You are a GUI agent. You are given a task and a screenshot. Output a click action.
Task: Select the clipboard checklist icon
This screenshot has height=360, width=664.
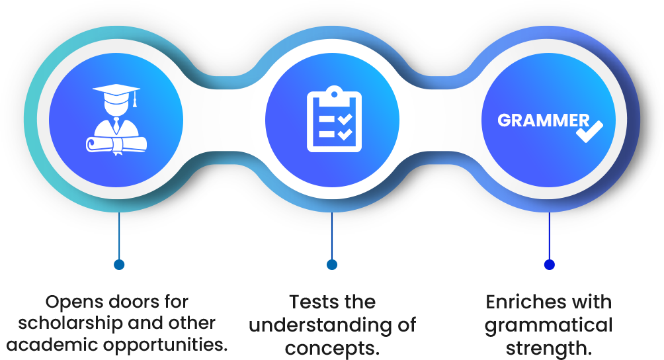[x=333, y=120]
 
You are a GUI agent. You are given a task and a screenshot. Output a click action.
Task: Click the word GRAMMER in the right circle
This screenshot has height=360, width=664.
[x=542, y=120]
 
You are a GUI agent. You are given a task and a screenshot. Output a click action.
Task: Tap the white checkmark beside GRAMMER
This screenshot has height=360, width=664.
[x=589, y=131]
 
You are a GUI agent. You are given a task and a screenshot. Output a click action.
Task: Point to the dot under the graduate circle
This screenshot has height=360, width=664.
[x=119, y=265]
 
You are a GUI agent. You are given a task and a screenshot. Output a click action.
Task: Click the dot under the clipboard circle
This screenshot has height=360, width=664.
[x=332, y=265]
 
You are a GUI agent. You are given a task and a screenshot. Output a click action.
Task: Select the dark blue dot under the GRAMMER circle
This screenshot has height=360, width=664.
[x=549, y=265]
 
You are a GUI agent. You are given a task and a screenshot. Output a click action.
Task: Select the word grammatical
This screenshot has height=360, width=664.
[x=548, y=325]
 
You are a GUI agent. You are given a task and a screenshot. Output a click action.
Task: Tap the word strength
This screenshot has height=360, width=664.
[x=548, y=346]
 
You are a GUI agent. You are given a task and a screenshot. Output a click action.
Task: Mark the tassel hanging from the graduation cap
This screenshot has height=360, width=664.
[x=135, y=101]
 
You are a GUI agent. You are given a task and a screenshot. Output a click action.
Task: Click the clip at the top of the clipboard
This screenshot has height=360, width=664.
[x=334, y=91]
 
